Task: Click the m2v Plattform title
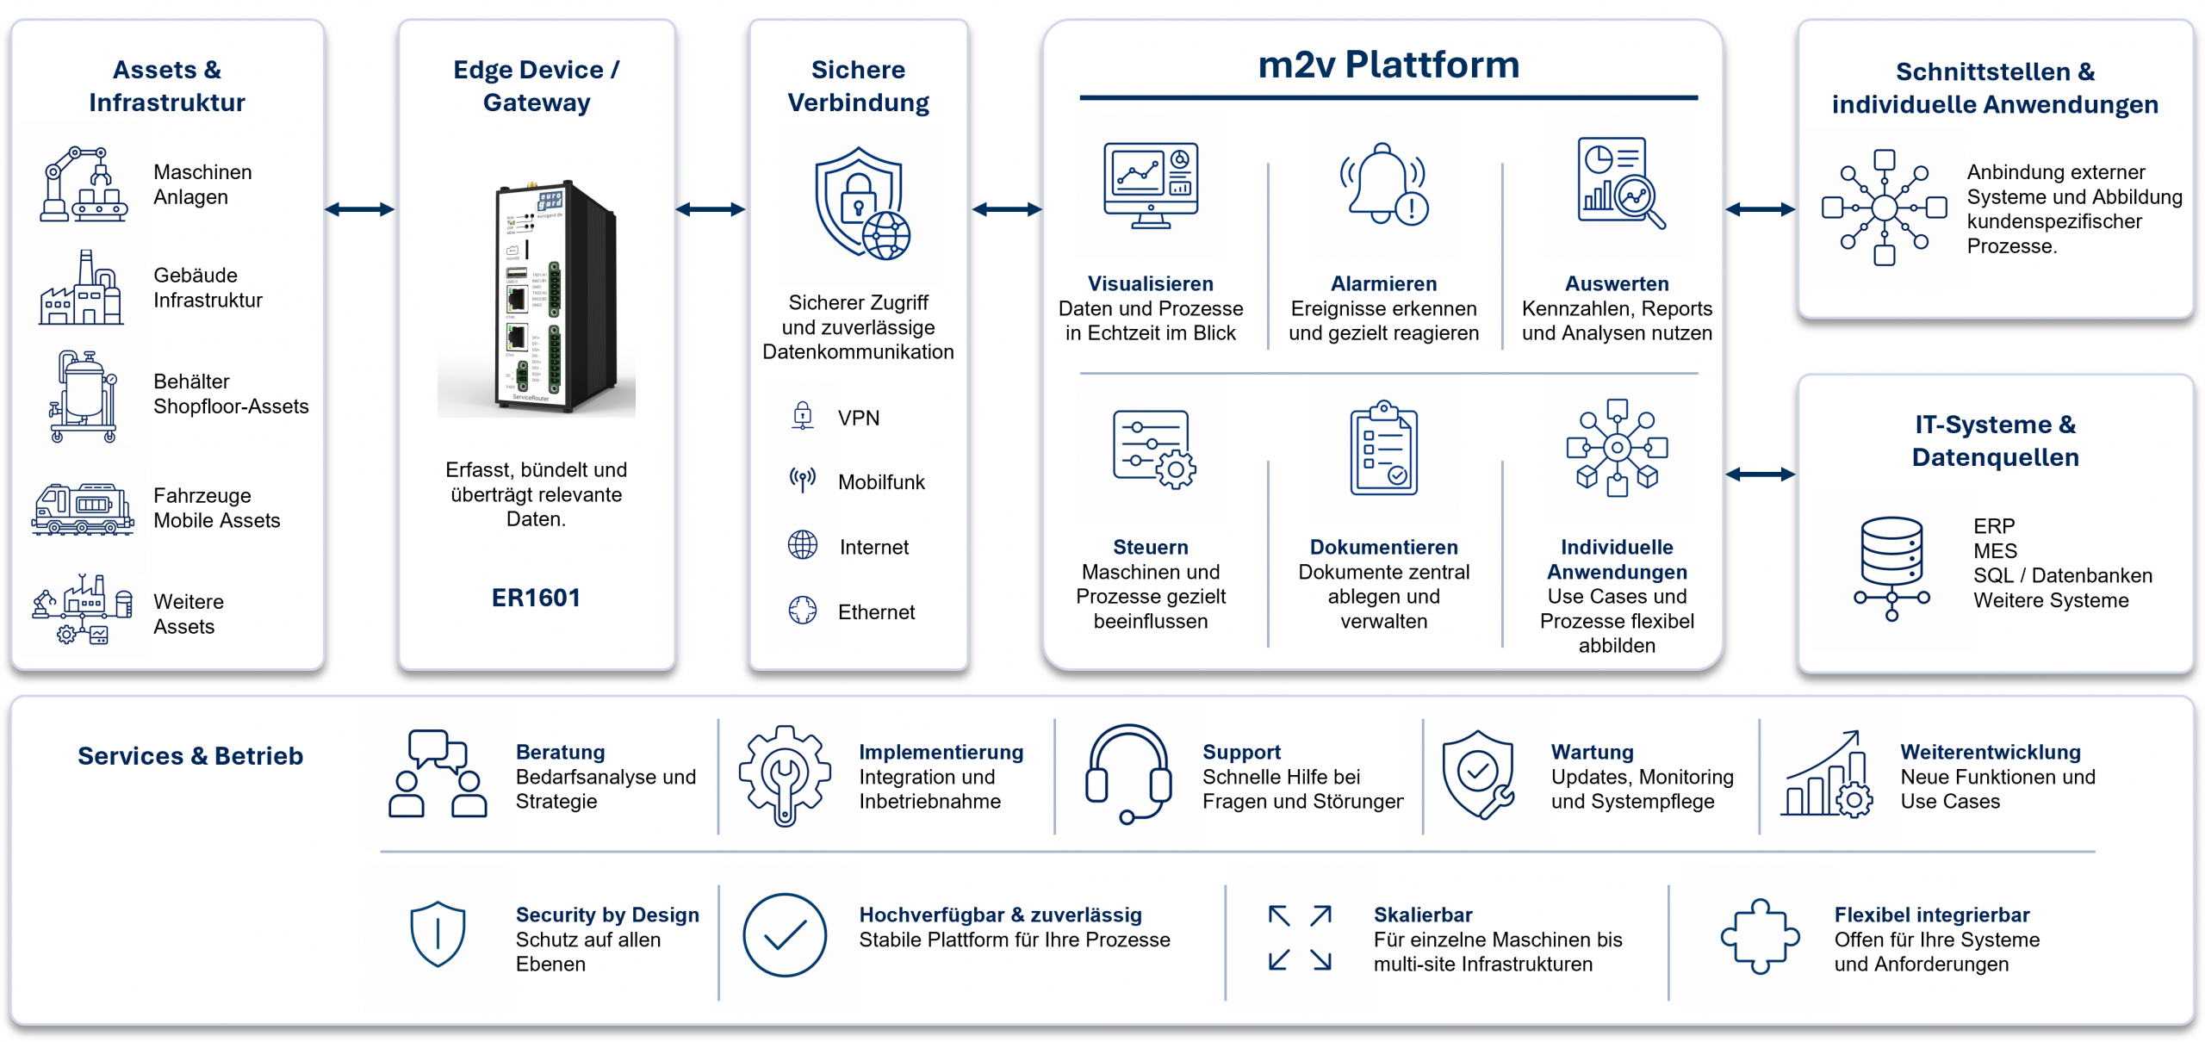coord(1388,65)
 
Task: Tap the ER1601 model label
coord(536,598)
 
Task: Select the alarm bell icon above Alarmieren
coord(1383,183)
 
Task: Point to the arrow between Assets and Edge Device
coord(360,209)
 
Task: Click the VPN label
coord(859,419)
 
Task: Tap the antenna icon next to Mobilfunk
coord(803,480)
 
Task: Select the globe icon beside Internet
coord(803,545)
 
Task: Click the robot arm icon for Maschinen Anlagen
coord(84,184)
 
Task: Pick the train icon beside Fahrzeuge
coord(83,509)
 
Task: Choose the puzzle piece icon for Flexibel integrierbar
coord(1760,937)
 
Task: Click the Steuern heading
coord(1151,548)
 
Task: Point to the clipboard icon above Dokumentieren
coord(1383,447)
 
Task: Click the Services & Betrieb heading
coord(190,756)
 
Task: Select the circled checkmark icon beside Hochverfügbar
coord(785,935)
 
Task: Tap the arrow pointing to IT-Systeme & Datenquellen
coord(1761,474)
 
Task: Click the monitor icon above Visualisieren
coord(1151,185)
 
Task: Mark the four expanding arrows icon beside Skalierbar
coord(1300,938)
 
